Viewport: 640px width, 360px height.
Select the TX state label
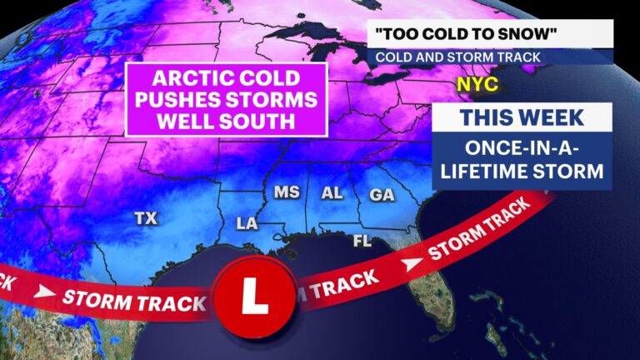pyautogui.click(x=146, y=218)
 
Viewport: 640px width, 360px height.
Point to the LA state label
pyautogui.click(x=247, y=223)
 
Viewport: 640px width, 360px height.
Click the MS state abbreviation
pyautogui.click(x=287, y=193)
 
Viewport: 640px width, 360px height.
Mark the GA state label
pyautogui.click(x=382, y=194)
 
